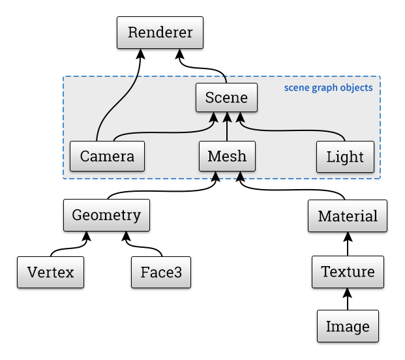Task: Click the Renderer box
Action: (x=160, y=33)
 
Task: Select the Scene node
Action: (x=226, y=98)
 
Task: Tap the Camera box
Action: (x=107, y=157)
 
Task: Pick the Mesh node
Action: (x=227, y=157)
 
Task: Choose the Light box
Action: (x=345, y=157)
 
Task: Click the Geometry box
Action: (x=106, y=215)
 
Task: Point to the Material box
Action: (x=348, y=216)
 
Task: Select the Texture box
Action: (x=348, y=271)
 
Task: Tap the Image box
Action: (x=348, y=327)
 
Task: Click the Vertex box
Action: (x=51, y=272)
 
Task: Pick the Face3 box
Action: (x=161, y=272)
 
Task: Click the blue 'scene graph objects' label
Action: (x=328, y=87)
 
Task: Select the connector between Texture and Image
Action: (x=348, y=299)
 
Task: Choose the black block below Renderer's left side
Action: (x=118, y=65)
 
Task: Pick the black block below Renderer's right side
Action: (x=202, y=65)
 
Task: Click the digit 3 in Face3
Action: (x=178, y=272)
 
